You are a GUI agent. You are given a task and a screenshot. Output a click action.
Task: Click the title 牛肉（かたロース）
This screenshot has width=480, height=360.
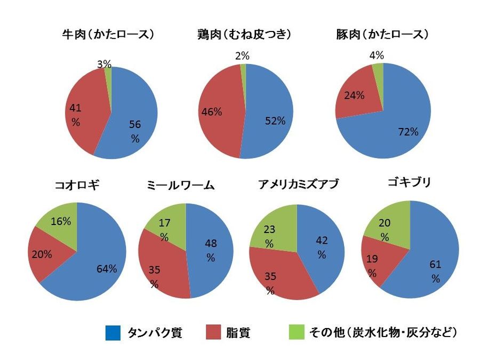click(x=108, y=35)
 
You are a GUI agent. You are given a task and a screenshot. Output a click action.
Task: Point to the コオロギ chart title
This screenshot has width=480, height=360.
click(x=77, y=185)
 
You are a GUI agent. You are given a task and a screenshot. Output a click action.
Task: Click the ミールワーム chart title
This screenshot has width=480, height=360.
click(x=180, y=185)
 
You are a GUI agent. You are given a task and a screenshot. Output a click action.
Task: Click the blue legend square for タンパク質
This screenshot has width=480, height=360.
click(x=113, y=333)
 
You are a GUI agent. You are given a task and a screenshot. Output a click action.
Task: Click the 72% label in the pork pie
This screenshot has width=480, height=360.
click(x=407, y=132)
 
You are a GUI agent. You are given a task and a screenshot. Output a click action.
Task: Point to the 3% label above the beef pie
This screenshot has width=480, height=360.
click(x=105, y=64)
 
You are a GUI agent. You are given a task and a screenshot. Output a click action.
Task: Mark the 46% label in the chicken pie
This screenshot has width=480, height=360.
click(x=211, y=113)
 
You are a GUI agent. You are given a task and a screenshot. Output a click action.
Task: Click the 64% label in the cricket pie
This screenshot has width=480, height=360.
click(x=107, y=268)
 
